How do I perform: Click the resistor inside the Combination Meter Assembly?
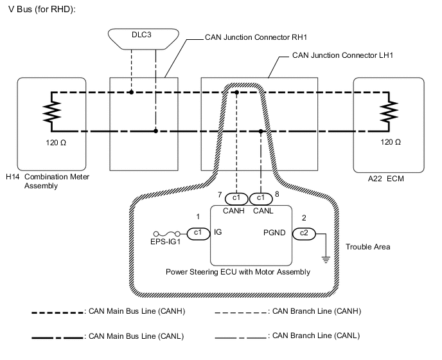[50, 112]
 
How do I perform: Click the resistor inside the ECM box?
[387, 112]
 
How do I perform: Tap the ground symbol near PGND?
[326, 259]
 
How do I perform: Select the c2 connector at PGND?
[305, 234]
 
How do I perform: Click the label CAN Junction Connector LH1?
[342, 56]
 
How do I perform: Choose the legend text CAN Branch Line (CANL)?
[315, 336]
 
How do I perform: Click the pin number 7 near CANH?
[220, 194]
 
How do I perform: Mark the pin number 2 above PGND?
[305, 218]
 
